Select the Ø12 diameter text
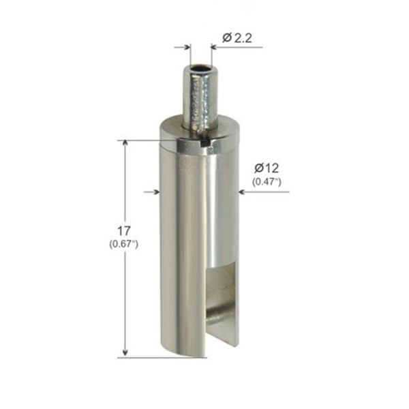coord(267,168)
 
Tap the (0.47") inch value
coord(267,181)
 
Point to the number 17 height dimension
coord(124,230)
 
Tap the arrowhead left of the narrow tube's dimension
coord(186,47)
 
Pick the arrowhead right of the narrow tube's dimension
coord(214,47)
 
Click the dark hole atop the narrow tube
coord(200,70)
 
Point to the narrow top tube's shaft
coord(199,99)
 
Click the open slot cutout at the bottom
coord(224,300)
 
